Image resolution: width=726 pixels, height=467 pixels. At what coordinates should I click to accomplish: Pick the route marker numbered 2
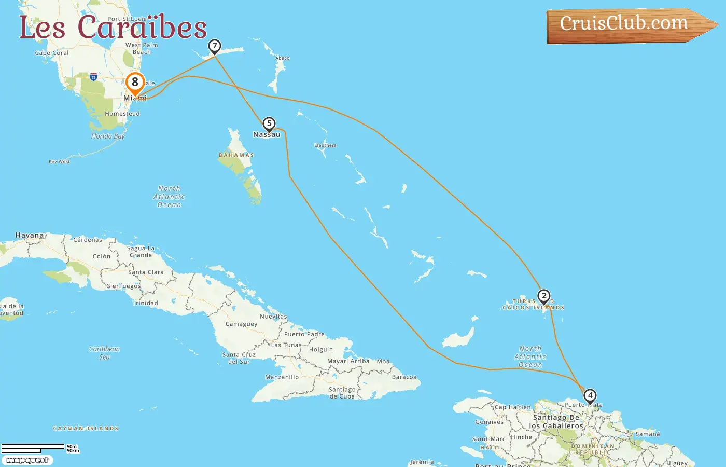[543, 296]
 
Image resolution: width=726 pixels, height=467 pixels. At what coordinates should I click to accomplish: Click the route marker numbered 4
[590, 396]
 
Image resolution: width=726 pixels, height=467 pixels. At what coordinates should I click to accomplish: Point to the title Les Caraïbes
[113, 27]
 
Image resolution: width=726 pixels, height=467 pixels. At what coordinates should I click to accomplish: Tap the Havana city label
[30, 235]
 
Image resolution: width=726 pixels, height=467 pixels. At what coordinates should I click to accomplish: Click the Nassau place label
[267, 135]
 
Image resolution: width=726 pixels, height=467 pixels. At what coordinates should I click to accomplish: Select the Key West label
[59, 162]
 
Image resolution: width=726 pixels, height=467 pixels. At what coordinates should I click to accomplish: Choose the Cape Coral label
[52, 53]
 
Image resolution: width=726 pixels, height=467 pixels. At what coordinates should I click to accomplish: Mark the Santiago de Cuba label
[342, 393]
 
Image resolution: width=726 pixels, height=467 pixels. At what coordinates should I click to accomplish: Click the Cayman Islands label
[86, 429]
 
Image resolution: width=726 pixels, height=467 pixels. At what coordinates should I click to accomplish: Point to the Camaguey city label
[241, 324]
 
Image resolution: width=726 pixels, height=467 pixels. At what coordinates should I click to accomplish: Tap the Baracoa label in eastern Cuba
[404, 377]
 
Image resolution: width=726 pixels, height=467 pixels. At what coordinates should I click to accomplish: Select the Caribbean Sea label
[104, 353]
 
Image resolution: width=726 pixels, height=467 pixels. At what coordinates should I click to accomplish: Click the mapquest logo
[27, 460]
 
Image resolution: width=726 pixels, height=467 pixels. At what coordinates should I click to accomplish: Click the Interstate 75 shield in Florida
[93, 77]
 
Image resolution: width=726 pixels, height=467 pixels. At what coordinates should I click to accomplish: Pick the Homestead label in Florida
[122, 114]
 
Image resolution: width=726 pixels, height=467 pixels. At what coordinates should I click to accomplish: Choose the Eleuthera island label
[325, 145]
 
